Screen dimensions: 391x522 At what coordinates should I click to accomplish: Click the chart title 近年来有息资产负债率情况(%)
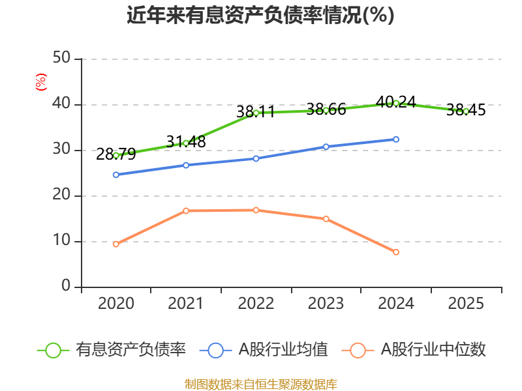260,15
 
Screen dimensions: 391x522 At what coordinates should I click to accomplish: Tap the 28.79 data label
115,154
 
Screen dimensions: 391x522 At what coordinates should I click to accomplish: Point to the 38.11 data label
256,112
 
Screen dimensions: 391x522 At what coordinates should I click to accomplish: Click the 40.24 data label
396,102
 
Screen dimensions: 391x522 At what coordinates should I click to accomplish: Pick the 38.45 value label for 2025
466,110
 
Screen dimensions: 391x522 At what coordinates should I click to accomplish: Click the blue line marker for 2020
116,175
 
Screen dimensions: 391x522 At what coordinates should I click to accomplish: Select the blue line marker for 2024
396,139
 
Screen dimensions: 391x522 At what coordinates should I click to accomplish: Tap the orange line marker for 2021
186,210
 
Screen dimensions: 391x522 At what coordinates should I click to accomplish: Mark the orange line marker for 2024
396,252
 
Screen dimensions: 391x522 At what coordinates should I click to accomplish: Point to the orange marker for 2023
326,219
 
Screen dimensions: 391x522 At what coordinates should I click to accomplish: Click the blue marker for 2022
256,158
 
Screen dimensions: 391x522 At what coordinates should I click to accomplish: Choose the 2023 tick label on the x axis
326,304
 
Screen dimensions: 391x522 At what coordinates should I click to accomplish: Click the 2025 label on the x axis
466,304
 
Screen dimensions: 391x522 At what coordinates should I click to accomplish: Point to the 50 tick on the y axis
62,59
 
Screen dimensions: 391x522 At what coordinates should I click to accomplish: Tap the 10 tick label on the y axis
62,241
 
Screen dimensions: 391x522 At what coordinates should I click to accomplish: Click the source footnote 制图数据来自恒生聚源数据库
260,384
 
